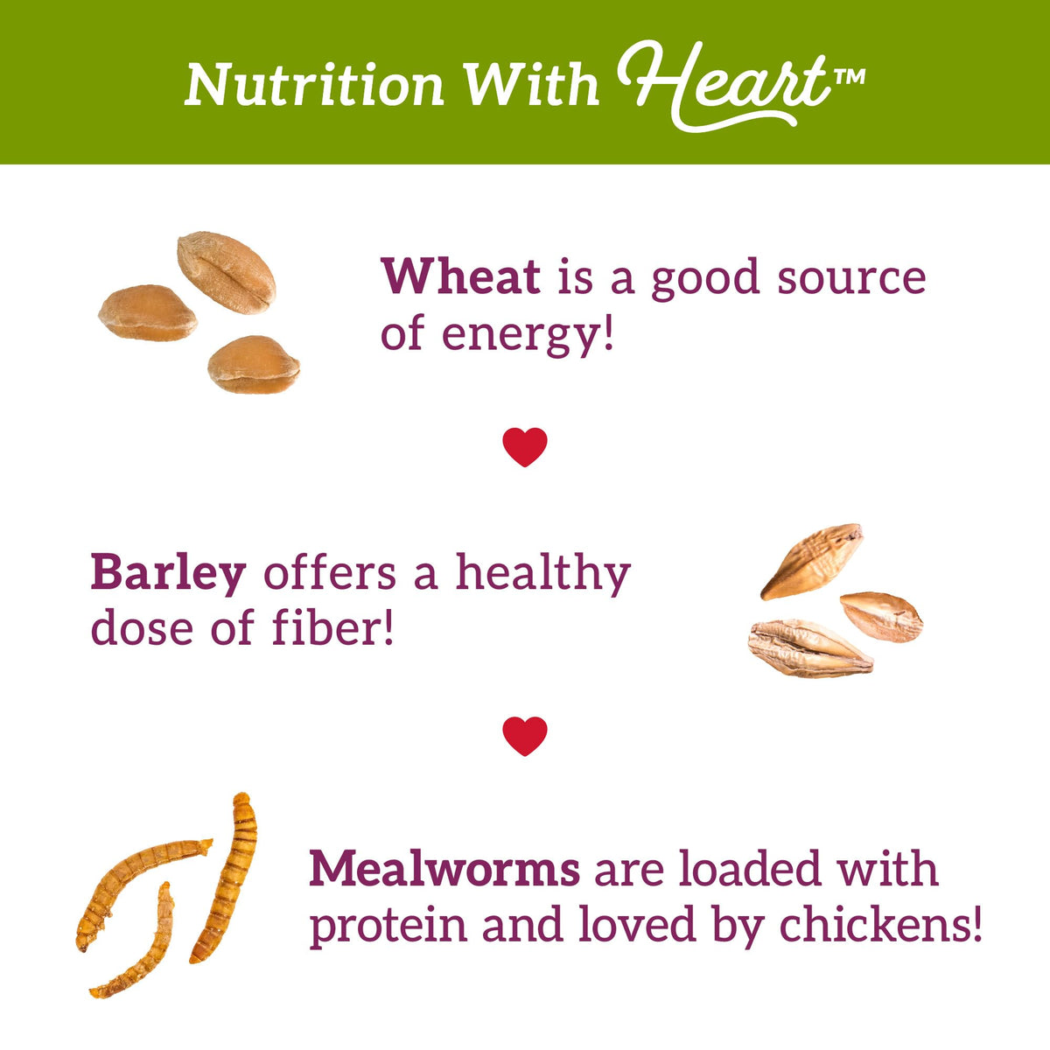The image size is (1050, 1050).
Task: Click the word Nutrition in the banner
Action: pyautogui.click(x=314, y=86)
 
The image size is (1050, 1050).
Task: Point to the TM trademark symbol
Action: pyautogui.click(x=850, y=77)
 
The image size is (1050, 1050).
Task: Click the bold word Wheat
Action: pyautogui.click(x=460, y=276)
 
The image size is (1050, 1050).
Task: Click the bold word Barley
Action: pyautogui.click(x=168, y=575)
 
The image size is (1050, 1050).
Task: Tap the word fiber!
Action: pyautogui.click(x=332, y=627)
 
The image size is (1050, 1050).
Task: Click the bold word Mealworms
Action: pyautogui.click(x=444, y=869)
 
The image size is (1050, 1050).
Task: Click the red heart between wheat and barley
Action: pyautogui.click(x=525, y=446)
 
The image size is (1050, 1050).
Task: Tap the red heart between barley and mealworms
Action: pyautogui.click(x=525, y=736)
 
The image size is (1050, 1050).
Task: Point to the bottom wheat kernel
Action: pyautogui.click(x=254, y=365)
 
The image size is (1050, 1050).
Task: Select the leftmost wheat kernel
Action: pyautogui.click(x=148, y=312)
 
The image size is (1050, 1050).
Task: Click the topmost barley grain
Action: pyautogui.click(x=811, y=561)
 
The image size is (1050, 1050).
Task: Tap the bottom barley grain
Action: pyautogui.click(x=810, y=648)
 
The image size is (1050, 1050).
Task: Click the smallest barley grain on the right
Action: pyautogui.click(x=881, y=617)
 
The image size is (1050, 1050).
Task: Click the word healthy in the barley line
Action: pyautogui.click(x=543, y=575)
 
